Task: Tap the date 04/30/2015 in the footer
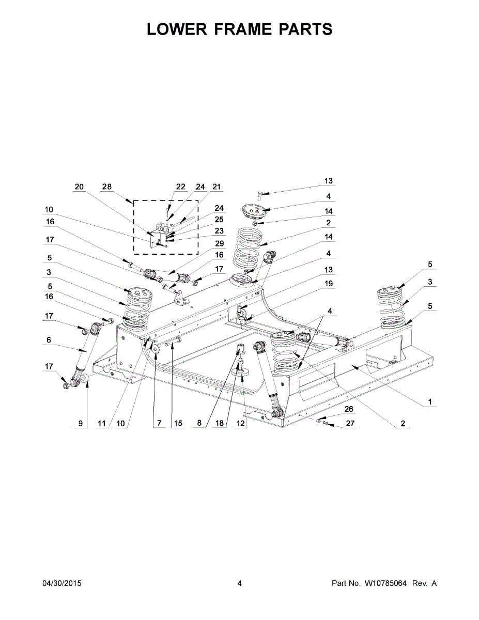pos(61,583)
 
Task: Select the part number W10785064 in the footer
pos(386,583)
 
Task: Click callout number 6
pos(49,339)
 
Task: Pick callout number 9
pos(80,424)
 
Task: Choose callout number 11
pos(101,424)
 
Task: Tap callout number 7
pos(159,424)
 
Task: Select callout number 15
pos(178,424)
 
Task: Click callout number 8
pos(199,424)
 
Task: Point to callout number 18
pos(220,424)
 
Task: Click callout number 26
pos(349,408)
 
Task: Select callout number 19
pos(329,284)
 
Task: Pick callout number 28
pos(107,187)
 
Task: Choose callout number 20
pos(79,187)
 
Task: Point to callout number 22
pos(180,187)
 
